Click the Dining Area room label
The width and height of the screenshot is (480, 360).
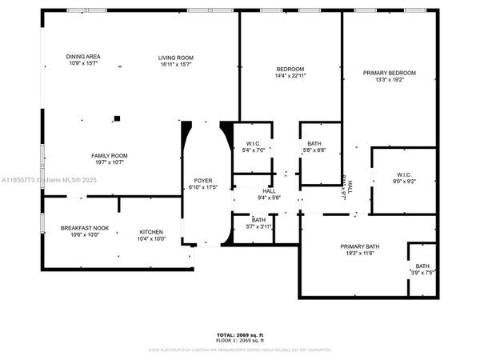(82, 57)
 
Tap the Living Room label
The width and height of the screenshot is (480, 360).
(175, 57)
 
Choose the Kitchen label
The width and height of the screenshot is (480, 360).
(151, 230)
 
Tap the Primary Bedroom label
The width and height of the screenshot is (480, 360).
(390, 73)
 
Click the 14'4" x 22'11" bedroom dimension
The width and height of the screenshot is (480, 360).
(290, 75)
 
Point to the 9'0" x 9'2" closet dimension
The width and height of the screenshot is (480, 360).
(403, 182)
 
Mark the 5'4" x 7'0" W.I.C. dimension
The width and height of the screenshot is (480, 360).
(253, 150)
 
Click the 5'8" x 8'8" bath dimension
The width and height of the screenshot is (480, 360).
(314, 150)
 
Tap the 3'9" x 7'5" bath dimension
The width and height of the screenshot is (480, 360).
(422, 272)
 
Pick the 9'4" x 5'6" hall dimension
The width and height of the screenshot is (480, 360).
(270, 198)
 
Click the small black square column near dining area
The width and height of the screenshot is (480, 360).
(117, 118)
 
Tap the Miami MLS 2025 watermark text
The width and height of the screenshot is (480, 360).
(48, 181)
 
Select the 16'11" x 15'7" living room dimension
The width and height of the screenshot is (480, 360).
(175, 64)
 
